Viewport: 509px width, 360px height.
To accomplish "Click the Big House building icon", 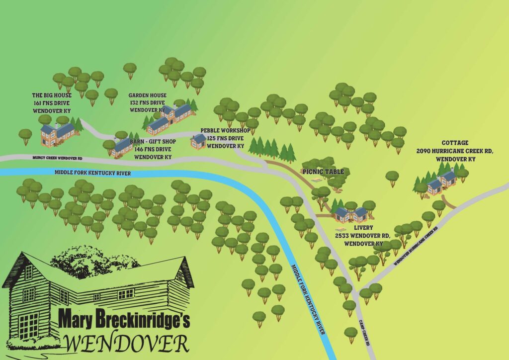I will pyautogui.click(x=57, y=134).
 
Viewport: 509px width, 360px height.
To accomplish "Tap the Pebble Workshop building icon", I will pyautogui.click(x=198, y=142).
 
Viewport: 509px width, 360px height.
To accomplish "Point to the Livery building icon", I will pyautogui.click(x=351, y=215).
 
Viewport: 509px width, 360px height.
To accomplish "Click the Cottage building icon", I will pyautogui.click(x=442, y=181).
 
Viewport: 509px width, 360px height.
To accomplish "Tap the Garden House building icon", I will pyautogui.click(x=170, y=118).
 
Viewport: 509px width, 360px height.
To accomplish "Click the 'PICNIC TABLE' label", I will pyautogui.click(x=323, y=172).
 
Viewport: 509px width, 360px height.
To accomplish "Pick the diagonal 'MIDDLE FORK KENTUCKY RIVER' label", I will pyautogui.click(x=309, y=299).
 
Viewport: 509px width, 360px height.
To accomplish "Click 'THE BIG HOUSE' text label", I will pyautogui.click(x=52, y=95).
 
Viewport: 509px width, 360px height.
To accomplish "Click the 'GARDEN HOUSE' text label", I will pyautogui.click(x=147, y=95).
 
